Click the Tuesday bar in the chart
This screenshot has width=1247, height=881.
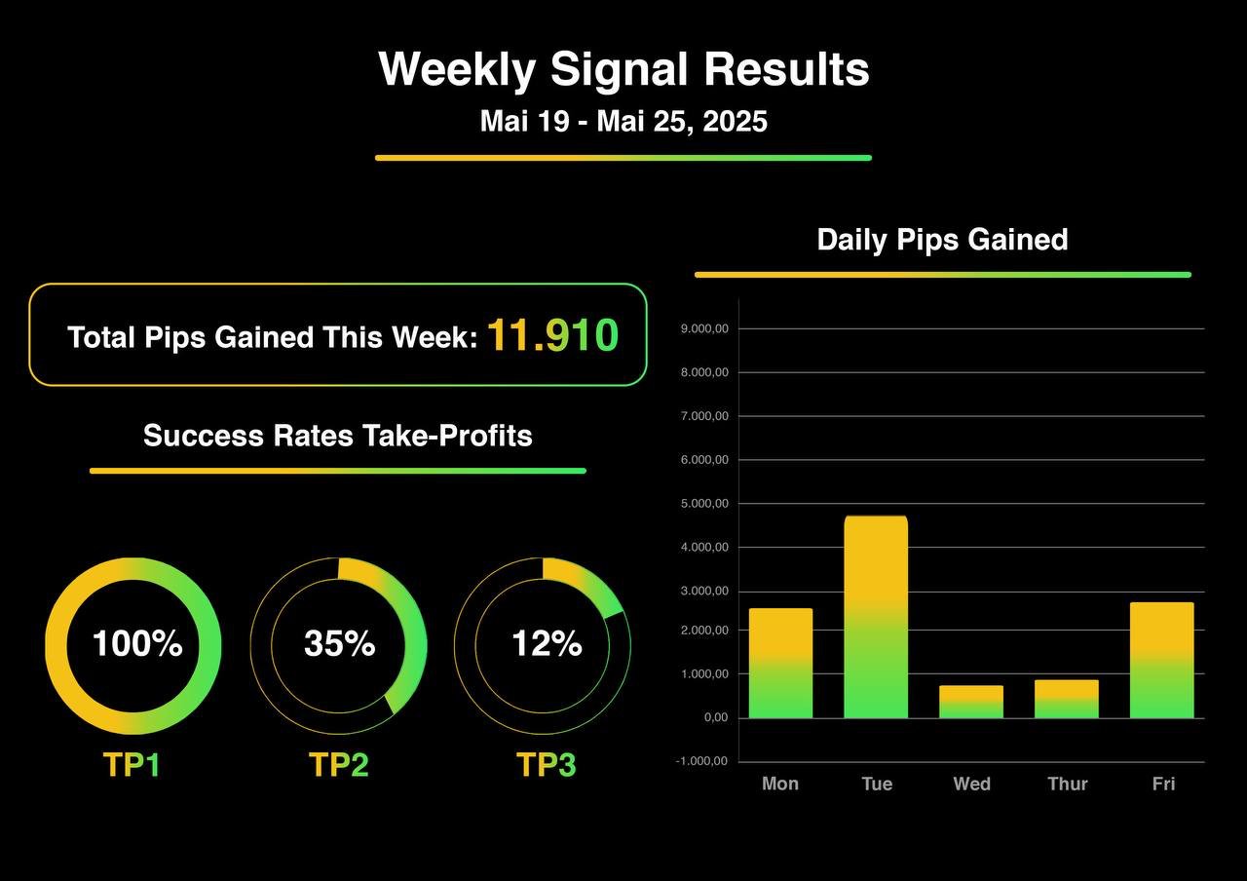tap(876, 617)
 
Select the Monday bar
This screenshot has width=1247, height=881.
tap(780, 663)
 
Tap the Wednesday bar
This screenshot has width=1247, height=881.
tap(971, 702)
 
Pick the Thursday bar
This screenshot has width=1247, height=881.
tap(1067, 699)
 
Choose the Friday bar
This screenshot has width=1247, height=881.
tap(1162, 660)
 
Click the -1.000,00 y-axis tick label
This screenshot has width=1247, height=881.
tap(701, 762)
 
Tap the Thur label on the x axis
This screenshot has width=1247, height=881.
tap(1067, 784)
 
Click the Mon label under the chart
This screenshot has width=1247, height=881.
tap(780, 784)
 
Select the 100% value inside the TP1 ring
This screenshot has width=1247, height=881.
tap(136, 644)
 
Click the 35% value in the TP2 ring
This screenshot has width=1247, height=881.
tap(339, 644)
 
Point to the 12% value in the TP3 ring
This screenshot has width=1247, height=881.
tap(547, 644)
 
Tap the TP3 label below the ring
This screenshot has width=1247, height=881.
tap(546, 765)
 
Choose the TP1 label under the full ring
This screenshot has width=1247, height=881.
tap(132, 765)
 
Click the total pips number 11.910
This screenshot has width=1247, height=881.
tap(552, 335)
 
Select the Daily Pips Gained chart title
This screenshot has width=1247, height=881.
tap(942, 240)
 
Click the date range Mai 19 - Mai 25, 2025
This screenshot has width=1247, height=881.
tap(623, 122)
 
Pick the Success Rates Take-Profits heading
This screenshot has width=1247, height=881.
tap(338, 435)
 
